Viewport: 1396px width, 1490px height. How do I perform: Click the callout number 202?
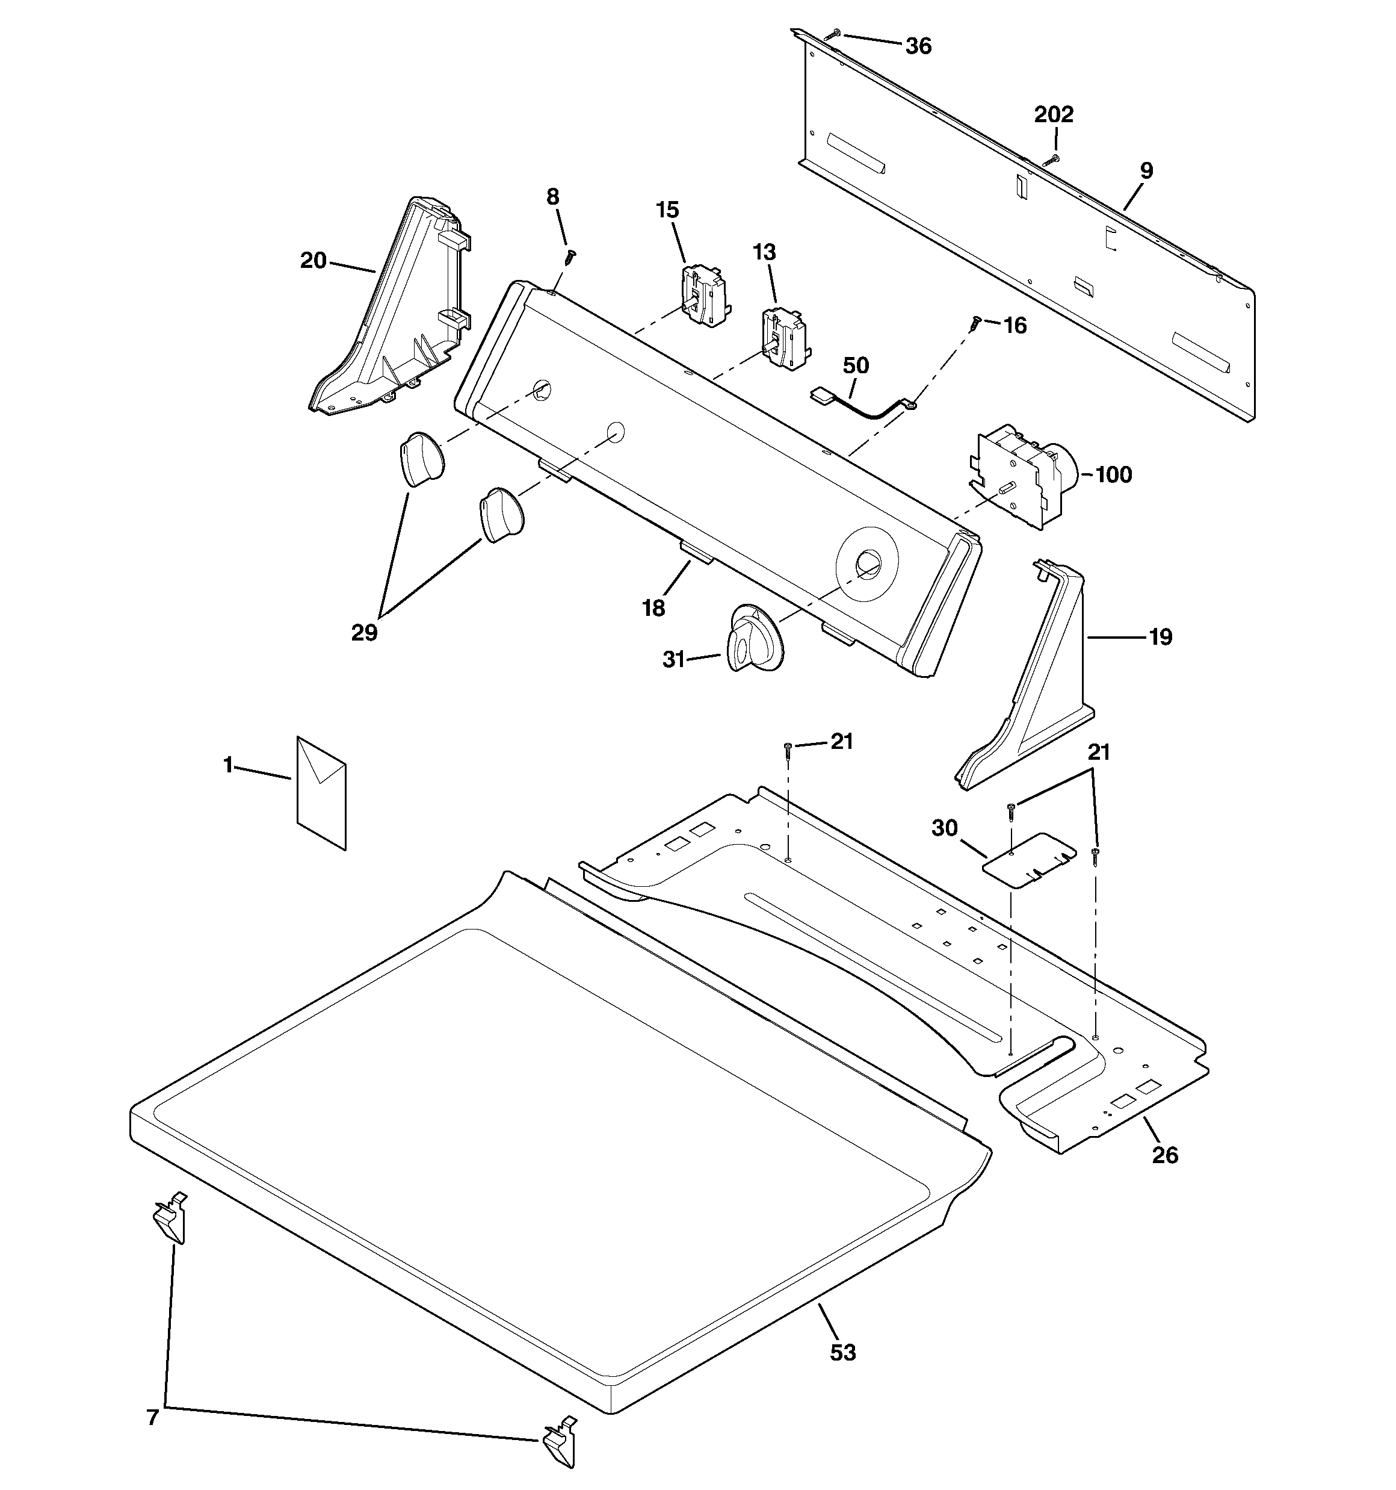point(1054,114)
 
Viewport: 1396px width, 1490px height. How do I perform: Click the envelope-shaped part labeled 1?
point(321,793)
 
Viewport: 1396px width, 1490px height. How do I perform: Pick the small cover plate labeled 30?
point(1030,860)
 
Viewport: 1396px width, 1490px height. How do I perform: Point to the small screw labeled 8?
point(571,256)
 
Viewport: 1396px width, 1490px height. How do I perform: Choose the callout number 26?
point(1165,1155)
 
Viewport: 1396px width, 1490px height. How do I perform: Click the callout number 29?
point(364,633)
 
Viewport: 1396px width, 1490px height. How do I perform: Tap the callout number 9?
point(1146,171)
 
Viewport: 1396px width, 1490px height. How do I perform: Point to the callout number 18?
point(653,608)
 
